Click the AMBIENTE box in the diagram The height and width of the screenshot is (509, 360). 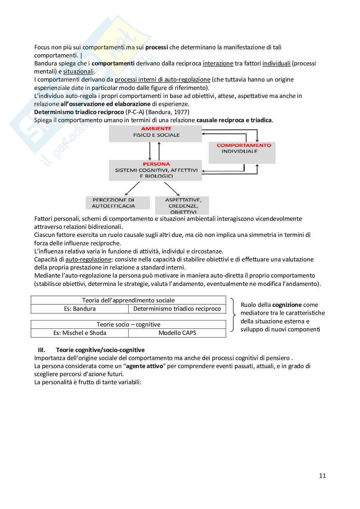pyautogui.click(x=155, y=133)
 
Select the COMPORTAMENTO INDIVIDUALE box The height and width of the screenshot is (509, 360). pyautogui.click(x=242, y=152)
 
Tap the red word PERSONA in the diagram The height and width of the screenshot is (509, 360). pyautogui.click(x=156, y=164)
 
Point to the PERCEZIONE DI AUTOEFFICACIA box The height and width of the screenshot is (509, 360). pyautogui.click(x=118, y=203)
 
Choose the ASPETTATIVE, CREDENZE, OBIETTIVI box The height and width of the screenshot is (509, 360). pyautogui.click(x=182, y=206)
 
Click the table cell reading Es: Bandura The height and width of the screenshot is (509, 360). pyautogui.click(x=80, y=309)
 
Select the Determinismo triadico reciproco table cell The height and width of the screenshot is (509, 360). pyautogui.click(x=177, y=309)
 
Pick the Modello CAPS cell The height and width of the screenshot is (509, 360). pyautogui.click(x=177, y=333)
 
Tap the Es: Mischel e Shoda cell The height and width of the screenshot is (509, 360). pyautogui.click(x=80, y=333)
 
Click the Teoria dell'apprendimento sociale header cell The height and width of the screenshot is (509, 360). pyautogui.click(x=128, y=300)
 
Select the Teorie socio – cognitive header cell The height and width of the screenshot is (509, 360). pyautogui.click(x=128, y=325)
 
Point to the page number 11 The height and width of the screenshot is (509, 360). pyautogui.click(x=322, y=476)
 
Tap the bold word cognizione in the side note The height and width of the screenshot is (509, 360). pyautogui.click(x=287, y=305)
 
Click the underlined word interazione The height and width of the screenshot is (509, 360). pyautogui.click(x=218, y=64)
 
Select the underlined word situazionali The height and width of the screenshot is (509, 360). pyautogui.click(x=78, y=72)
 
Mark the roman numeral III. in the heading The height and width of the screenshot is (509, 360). pyautogui.click(x=42, y=350)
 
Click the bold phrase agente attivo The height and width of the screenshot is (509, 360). pyautogui.click(x=144, y=366)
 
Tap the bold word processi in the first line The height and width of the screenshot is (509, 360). pyautogui.click(x=156, y=47)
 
